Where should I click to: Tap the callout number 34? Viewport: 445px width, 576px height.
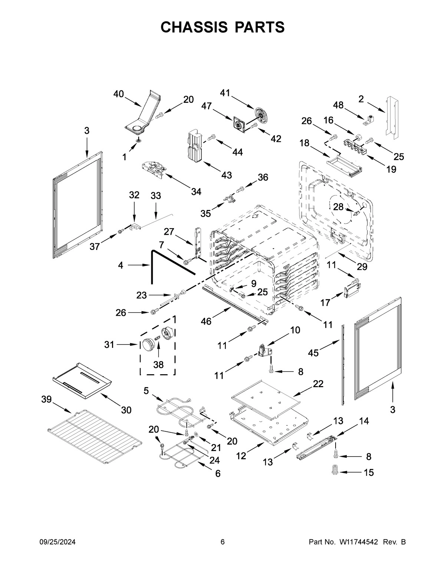196,192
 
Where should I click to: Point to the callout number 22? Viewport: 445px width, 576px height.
318,384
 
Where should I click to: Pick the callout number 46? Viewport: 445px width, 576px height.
206,321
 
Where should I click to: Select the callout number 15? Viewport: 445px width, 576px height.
369,473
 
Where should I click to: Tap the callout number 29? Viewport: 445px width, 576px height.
362,266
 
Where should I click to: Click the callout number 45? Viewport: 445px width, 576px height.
313,353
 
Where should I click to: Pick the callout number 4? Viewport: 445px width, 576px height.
121,265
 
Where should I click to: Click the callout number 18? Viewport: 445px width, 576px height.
304,143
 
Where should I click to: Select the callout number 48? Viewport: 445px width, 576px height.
338,105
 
